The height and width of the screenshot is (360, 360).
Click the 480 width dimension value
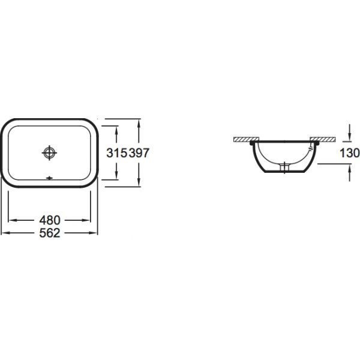coord(50,220)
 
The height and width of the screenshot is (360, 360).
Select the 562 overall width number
coord(50,233)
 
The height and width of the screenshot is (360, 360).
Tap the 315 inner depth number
coord(116,153)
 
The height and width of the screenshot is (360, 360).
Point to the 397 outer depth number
coord(139,153)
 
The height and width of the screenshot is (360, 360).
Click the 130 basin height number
coord(349,153)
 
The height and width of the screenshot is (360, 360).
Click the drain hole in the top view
coord(49,152)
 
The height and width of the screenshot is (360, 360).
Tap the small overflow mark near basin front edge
coord(49,178)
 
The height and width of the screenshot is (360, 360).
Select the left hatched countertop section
coord(247,139)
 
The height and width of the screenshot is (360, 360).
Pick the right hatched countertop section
coord(323,139)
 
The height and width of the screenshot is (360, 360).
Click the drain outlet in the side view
coord(284,167)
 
